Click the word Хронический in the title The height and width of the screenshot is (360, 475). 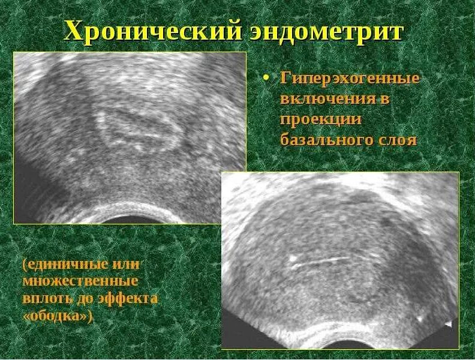click(152, 31)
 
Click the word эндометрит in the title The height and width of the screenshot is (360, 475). click(325, 31)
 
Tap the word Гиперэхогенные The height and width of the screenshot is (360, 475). click(350, 79)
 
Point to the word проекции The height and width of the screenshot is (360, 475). click(321, 119)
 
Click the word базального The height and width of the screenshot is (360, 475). click(326, 140)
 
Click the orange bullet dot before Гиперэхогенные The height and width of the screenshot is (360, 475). click(268, 79)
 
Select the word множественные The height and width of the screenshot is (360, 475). click(81, 281)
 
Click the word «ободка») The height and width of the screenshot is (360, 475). click(58, 316)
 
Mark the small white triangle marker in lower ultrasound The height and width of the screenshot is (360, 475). click(447, 323)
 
